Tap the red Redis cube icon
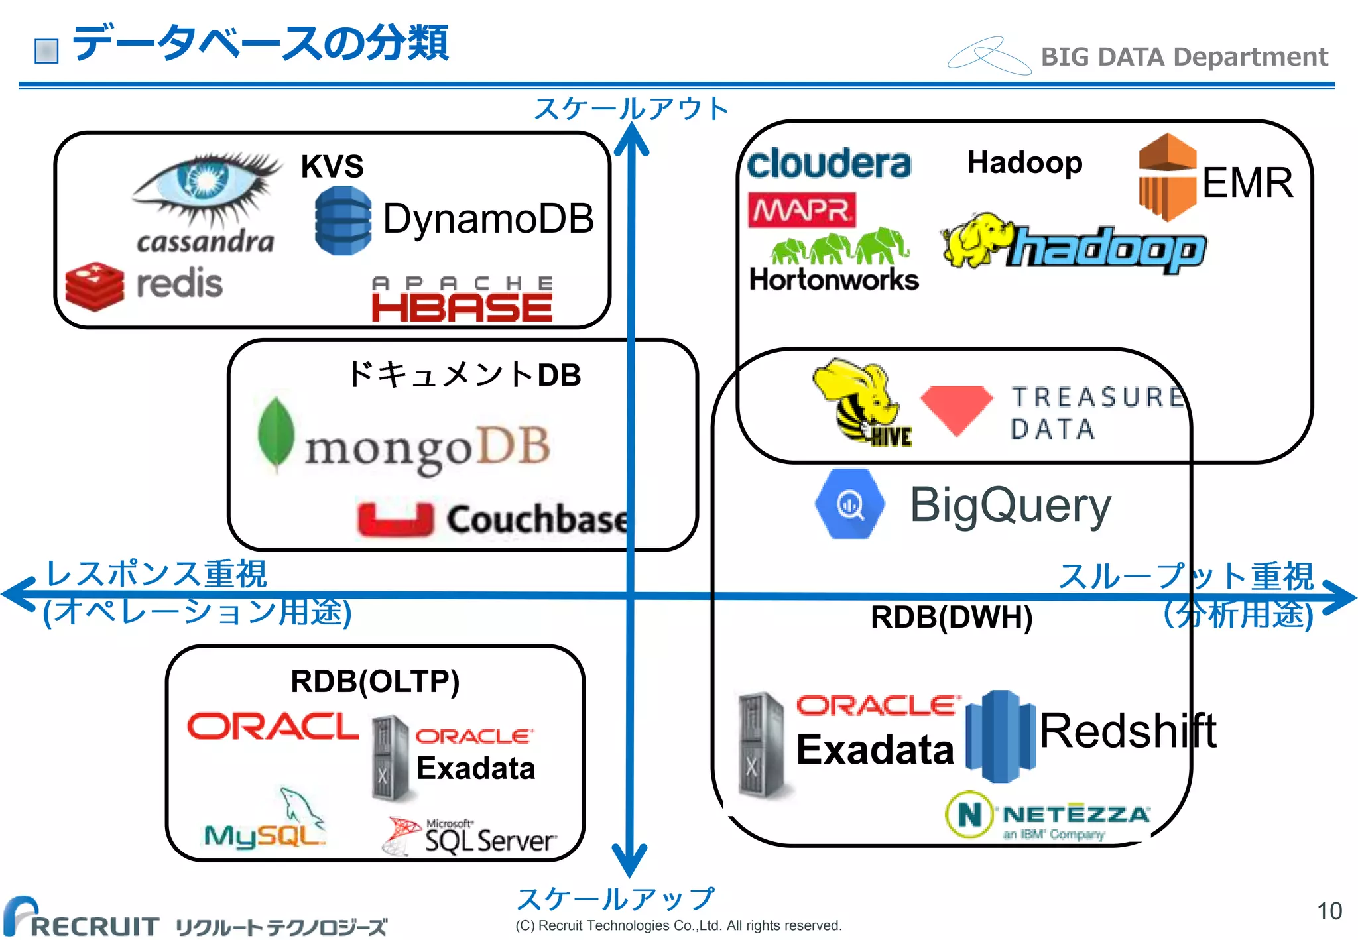pyautogui.click(x=95, y=286)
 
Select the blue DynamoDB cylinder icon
pyautogui.click(x=342, y=221)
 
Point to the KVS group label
pyautogui.click(x=332, y=166)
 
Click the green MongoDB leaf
pyautogui.click(x=276, y=434)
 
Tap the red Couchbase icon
pyautogui.click(x=395, y=519)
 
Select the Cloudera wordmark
pyautogui.click(x=829, y=164)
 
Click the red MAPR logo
pyautogui.click(x=802, y=210)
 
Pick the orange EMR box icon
pyautogui.click(x=1167, y=177)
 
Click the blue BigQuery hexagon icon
pyautogui.click(x=849, y=504)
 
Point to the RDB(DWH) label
pyautogui.click(x=951, y=617)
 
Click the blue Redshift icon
pyautogui.click(x=1000, y=735)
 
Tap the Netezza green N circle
pyautogui.click(x=969, y=813)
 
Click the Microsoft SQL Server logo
pyautogui.click(x=469, y=837)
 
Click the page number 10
pyautogui.click(x=1329, y=911)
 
